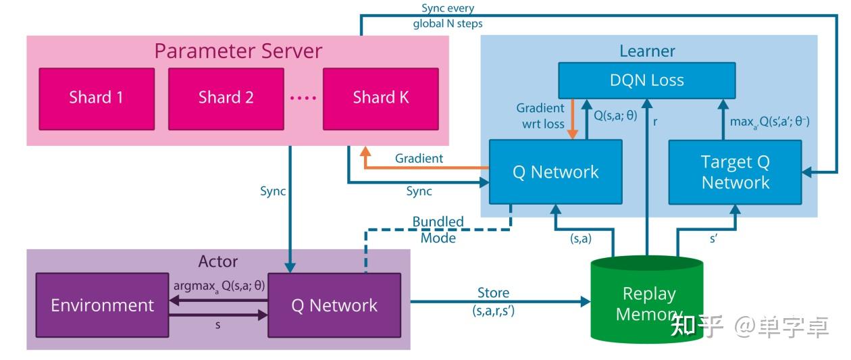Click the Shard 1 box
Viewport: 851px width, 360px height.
coord(97,97)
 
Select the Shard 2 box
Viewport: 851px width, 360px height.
coord(226,97)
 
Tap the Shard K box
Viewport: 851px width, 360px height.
coord(380,97)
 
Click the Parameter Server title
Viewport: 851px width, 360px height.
coord(238,51)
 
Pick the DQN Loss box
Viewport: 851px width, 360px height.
coord(646,80)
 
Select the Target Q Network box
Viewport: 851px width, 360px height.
coord(735,172)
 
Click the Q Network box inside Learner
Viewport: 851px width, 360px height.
coord(555,172)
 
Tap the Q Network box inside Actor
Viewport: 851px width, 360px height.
coord(334,305)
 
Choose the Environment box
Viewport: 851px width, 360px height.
coord(102,305)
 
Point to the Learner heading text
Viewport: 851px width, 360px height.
coord(647,51)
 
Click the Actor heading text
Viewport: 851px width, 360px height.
coord(217,261)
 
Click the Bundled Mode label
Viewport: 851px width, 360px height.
coord(438,230)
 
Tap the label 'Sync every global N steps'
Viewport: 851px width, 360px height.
coord(448,16)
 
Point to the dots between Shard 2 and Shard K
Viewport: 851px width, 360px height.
coord(303,98)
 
